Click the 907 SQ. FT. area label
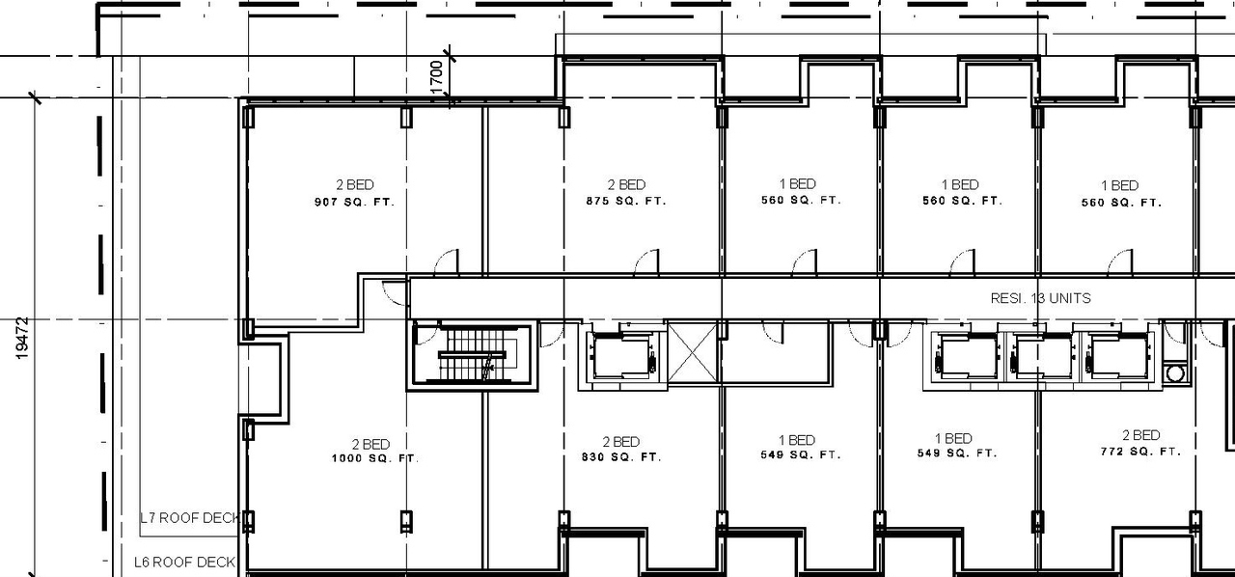tap(354, 203)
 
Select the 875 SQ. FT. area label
tap(625, 202)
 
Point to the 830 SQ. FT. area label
tap(621, 456)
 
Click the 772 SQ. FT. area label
tap(1140, 452)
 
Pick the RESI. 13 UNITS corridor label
tap(1040, 298)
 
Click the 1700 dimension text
tap(437, 76)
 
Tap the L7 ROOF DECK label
tap(189, 518)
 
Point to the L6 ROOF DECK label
tap(184, 562)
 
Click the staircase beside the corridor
tap(474, 354)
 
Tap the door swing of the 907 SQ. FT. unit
tap(446, 262)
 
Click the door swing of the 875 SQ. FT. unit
tap(646, 262)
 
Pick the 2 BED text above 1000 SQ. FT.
tap(370, 444)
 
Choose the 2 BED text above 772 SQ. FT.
tap(1140, 436)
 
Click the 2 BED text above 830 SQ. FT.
tap(621, 442)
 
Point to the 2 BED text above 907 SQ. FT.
tap(354, 185)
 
